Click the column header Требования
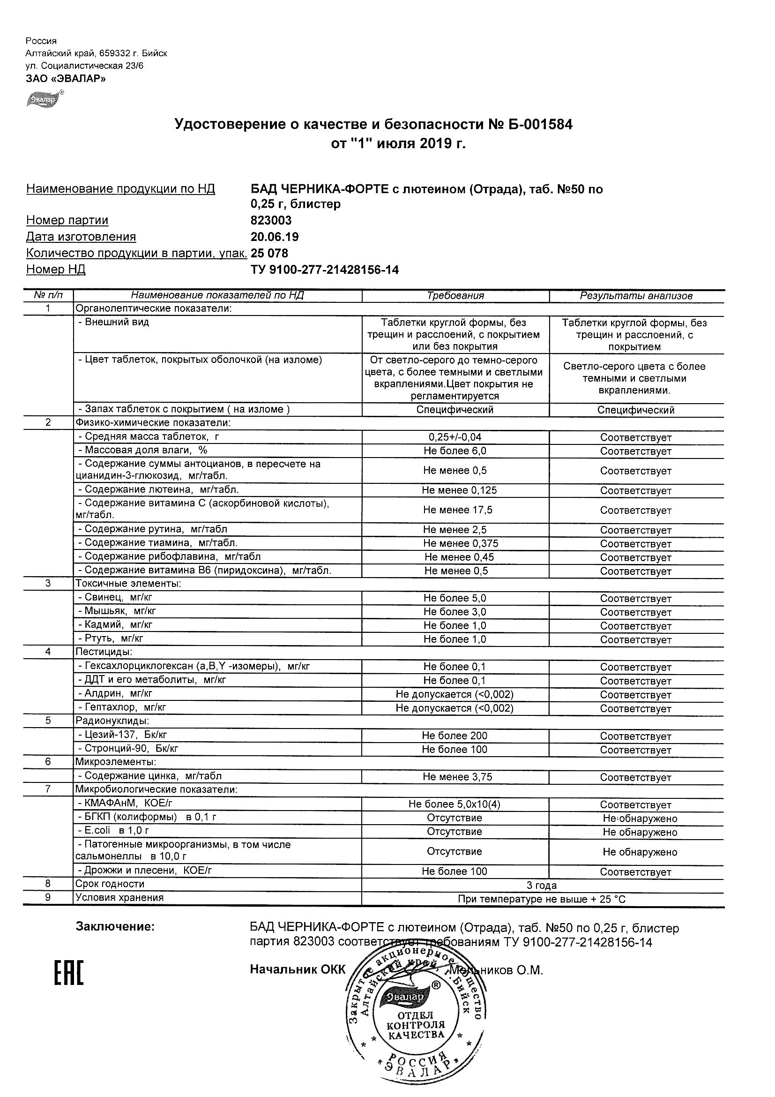(455, 296)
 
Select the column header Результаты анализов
(636, 296)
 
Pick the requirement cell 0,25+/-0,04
(455, 437)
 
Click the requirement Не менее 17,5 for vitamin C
(457, 510)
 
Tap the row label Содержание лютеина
(158, 490)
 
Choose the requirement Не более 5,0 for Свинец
(455, 598)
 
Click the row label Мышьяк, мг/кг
(117, 611)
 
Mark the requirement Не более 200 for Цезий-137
(455, 736)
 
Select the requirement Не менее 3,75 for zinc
(457, 777)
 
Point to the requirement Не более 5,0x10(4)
(454, 804)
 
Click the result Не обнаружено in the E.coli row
(640, 832)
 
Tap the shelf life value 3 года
(542, 886)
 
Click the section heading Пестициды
(104, 652)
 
